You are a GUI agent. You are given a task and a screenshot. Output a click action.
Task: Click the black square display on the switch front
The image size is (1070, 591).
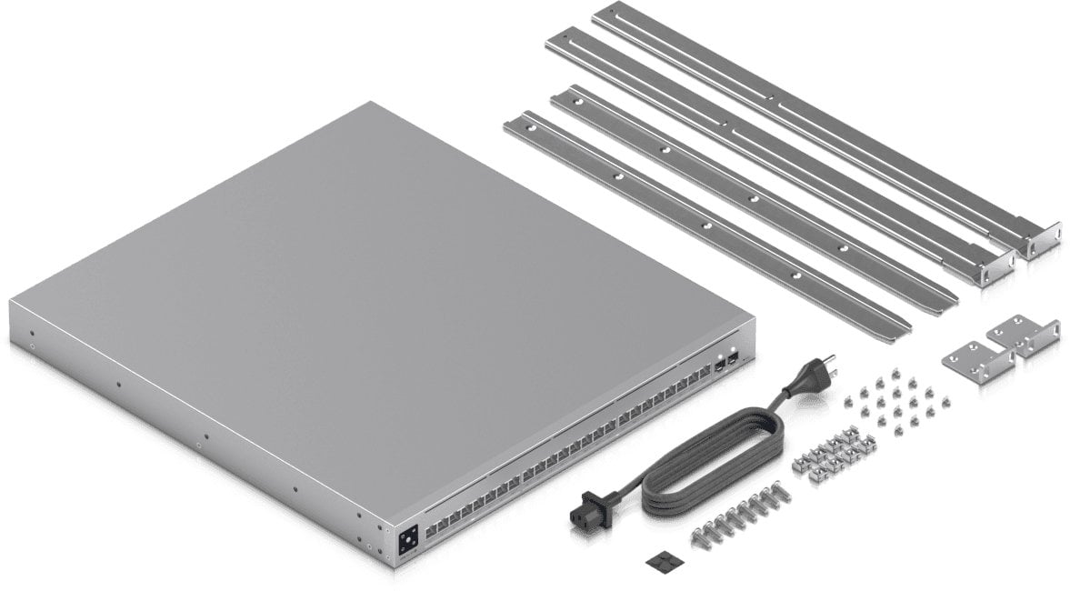[408, 539]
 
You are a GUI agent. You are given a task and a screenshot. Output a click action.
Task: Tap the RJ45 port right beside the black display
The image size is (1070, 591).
[431, 527]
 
